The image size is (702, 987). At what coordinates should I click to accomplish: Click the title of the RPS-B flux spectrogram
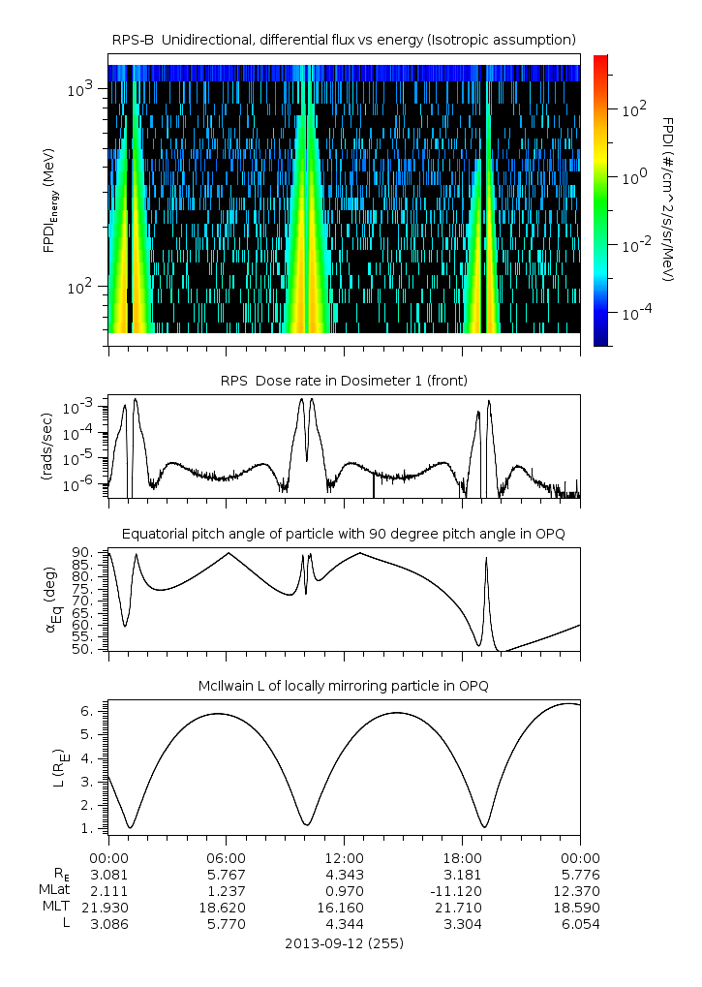tap(344, 39)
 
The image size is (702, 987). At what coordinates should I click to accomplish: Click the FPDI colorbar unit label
tap(667, 199)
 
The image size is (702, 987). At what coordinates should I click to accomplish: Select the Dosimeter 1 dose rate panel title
tap(344, 381)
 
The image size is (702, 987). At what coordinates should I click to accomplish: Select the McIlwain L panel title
tap(344, 686)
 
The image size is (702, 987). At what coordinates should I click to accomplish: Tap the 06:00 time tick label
tap(227, 857)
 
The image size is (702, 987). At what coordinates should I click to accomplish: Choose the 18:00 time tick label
tap(462, 857)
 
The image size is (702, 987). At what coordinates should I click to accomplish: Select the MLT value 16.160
tap(344, 907)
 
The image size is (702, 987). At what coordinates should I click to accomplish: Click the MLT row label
tap(65, 907)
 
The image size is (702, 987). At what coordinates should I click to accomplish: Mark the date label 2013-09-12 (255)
tap(344, 942)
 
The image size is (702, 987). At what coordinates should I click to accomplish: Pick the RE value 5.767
tap(227, 874)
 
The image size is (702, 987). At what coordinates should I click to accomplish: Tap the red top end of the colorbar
tap(600, 60)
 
